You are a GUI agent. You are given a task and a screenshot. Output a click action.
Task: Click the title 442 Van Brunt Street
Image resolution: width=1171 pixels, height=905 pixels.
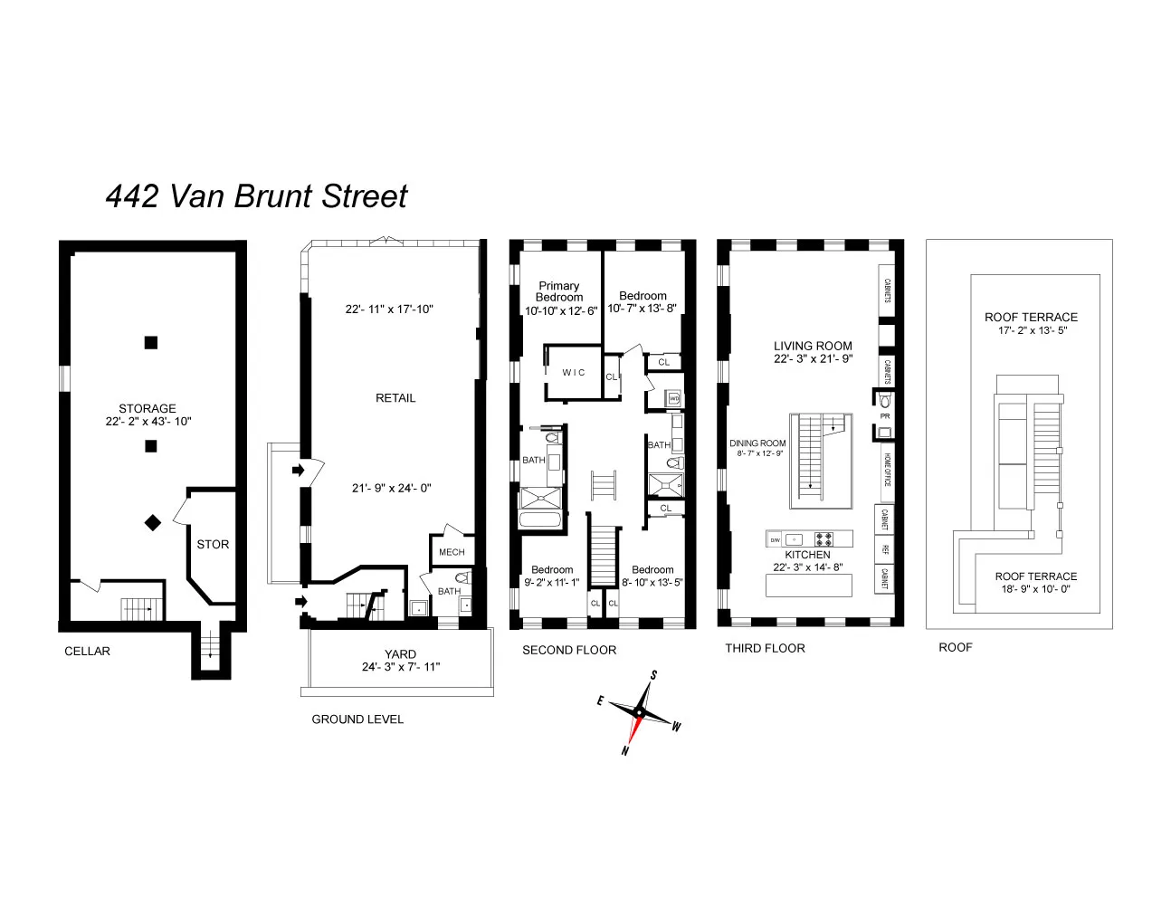click(256, 196)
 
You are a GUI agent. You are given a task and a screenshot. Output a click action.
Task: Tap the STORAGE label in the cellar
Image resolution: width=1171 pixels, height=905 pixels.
click(148, 408)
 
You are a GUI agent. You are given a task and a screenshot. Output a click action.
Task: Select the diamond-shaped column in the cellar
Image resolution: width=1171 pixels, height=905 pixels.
click(153, 522)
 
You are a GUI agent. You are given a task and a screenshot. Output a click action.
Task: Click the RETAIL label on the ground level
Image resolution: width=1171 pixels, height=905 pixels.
click(395, 398)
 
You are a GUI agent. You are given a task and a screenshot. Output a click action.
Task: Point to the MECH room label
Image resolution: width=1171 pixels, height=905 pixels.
click(452, 552)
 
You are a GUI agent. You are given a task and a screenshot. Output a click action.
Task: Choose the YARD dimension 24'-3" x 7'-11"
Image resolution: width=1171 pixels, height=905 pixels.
click(401, 667)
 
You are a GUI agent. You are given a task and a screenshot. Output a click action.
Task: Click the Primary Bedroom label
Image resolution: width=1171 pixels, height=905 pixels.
click(558, 291)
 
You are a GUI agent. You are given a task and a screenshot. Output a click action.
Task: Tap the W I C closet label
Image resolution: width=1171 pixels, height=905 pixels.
click(574, 373)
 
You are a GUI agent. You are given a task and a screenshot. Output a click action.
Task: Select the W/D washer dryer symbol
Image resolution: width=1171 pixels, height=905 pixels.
click(673, 398)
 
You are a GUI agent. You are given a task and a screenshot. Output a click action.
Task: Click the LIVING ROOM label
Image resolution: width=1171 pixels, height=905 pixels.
click(813, 346)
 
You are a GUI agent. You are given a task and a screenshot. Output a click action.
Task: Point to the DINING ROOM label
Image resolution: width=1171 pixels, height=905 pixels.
click(757, 443)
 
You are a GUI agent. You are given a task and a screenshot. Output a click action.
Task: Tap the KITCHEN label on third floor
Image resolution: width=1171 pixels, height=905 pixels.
click(807, 555)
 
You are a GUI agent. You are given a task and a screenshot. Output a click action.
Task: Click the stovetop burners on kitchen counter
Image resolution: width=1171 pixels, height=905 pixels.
click(823, 538)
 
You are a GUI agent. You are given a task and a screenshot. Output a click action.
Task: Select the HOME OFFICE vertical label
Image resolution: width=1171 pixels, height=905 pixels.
click(888, 470)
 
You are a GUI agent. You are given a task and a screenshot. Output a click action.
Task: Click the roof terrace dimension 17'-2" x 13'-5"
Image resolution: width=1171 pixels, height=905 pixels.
click(1031, 330)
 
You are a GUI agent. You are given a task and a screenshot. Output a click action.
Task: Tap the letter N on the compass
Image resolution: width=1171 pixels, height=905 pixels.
click(625, 750)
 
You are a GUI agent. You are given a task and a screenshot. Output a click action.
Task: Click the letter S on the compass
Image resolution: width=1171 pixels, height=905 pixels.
click(653, 675)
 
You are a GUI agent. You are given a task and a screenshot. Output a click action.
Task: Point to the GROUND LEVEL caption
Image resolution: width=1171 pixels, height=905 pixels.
click(357, 719)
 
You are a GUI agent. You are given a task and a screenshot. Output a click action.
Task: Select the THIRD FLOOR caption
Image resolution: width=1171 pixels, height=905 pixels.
click(765, 648)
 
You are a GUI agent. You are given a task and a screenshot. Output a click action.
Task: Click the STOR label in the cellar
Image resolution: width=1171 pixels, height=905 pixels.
click(213, 544)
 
